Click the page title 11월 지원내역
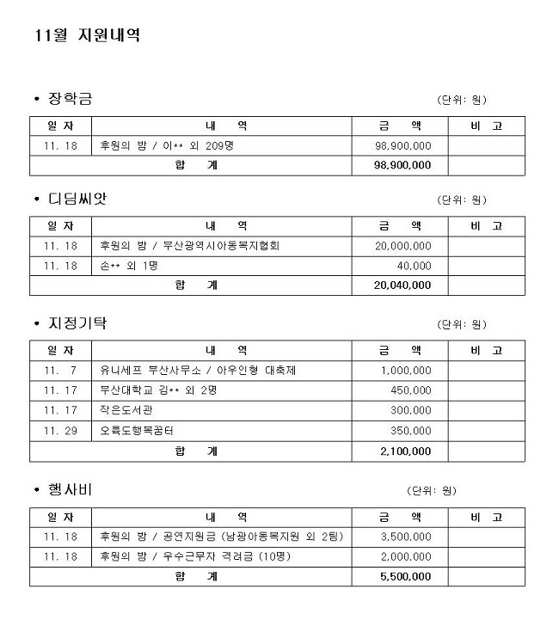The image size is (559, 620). [x=86, y=36]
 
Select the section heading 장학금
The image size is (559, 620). [x=69, y=99]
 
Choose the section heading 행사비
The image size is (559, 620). [x=69, y=489]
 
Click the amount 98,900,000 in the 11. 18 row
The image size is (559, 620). [x=403, y=145]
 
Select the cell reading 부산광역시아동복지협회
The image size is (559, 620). [x=189, y=246]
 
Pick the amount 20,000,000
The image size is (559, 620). [x=403, y=246]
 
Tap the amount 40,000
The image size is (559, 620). [x=415, y=266]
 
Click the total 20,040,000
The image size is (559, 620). [x=402, y=285]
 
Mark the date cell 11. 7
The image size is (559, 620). [x=60, y=370]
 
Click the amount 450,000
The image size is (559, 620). [x=410, y=390]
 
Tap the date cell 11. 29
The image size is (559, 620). [x=60, y=430]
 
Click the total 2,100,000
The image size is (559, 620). [x=405, y=451]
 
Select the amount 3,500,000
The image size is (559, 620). [x=405, y=537]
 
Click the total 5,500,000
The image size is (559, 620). [x=405, y=576]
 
